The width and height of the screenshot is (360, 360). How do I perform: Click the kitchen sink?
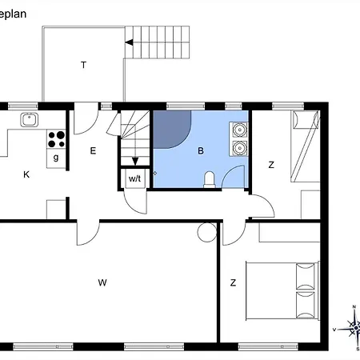[x=30, y=119]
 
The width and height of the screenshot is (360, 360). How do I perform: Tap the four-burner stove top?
[x=56, y=139]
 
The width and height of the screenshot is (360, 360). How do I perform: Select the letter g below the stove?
[x=56, y=158]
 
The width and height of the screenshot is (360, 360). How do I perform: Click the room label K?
[x=26, y=174]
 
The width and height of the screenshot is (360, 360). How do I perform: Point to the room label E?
[x=93, y=151]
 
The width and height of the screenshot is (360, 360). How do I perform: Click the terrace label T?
[x=83, y=65]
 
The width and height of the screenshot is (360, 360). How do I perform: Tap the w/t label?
[x=134, y=178]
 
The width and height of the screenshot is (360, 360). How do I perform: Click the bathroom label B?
[x=201, y=151]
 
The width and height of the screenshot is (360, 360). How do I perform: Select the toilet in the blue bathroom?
[x=210, y=179]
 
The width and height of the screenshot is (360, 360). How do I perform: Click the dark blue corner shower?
[x=170, y=129]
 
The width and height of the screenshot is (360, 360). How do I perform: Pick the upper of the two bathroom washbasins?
[x=239, y=130]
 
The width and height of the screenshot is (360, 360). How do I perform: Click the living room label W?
[x=102, y=282]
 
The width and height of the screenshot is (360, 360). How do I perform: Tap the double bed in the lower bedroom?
[x=282, y=290]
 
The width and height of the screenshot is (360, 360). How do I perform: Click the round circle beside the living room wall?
[x=207, y=232]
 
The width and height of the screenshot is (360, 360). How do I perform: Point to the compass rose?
[x=354, y=329]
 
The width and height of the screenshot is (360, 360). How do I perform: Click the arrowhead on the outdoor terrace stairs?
[x=129, y=42]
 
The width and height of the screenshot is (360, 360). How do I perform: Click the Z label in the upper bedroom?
[x=271, y=165]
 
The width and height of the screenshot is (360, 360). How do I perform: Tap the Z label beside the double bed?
[x=233, y=282]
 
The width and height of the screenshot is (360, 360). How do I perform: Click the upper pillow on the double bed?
[x=306, y=276]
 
